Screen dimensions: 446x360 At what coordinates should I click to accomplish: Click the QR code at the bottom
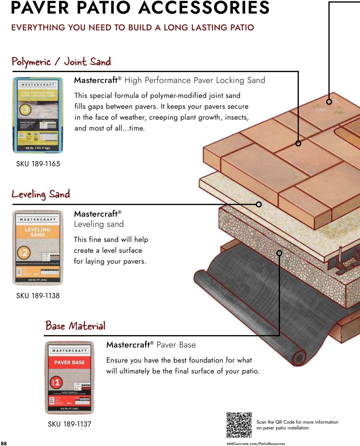tap(239, 425)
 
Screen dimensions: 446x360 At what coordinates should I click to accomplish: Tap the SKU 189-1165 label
tap(38, 164)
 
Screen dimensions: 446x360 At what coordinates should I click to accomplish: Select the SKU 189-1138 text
tap(38, 296)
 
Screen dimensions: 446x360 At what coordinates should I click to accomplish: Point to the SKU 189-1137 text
tap(69, 424)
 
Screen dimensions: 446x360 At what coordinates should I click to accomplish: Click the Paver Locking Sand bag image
tap(38, 115)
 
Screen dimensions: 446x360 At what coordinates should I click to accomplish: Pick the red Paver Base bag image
tap(69, 377)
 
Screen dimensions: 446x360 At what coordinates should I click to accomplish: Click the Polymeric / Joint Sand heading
tap(61, 62)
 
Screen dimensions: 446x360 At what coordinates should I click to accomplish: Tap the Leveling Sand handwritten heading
tap(41, 194)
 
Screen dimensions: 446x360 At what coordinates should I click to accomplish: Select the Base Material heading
tap(75, 326)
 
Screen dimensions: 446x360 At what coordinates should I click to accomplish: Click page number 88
tap(4, 443)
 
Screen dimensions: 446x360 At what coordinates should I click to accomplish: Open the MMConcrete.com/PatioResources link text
tap(256, 444)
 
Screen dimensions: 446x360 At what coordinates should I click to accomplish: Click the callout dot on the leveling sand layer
tap(259, 204)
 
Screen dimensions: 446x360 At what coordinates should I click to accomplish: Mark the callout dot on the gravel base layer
tap(279, 253)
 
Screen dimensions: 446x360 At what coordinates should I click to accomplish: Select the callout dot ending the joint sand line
tap(298, 143)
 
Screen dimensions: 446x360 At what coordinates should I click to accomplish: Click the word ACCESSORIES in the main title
tap(204, 8)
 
